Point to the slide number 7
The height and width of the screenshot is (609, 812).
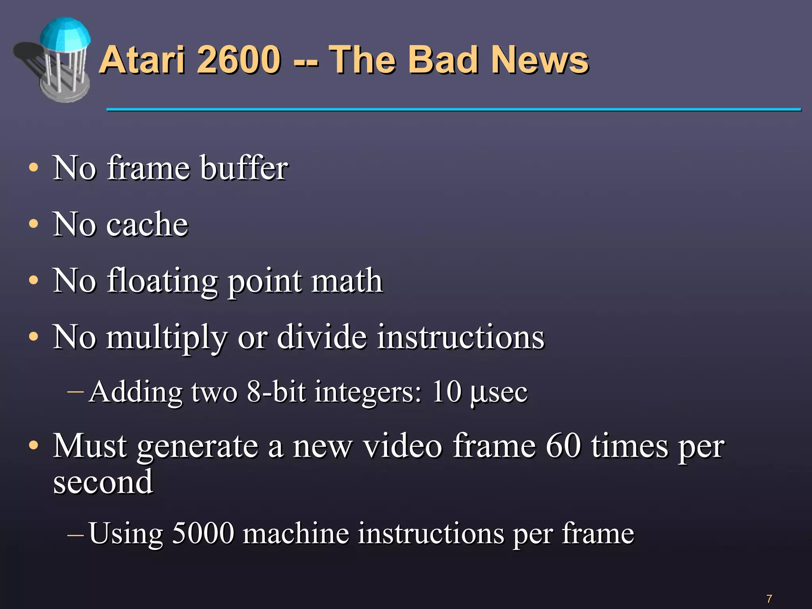tap(769, 598)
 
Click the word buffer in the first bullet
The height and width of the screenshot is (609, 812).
tap(244, 168)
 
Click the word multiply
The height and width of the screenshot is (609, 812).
tap(167, 337)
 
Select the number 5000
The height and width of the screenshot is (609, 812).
tap(203, 533)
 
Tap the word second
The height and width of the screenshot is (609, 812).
tap(103, 482)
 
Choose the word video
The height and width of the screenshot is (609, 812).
tap(403, 446)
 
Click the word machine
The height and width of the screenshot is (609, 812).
tap(296, 533)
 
